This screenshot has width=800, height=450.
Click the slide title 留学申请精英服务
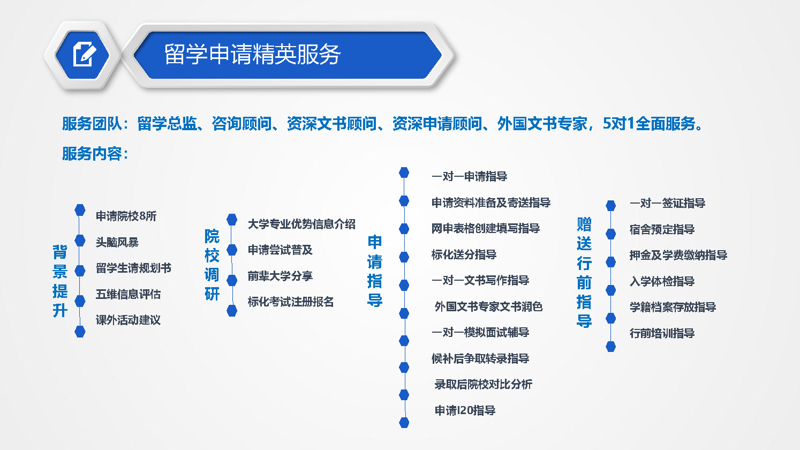tap(253, 54)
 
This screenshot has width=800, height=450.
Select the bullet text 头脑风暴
tap(117, 242)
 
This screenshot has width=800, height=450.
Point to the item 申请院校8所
tap(126, 216)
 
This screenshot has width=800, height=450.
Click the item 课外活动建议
tap(128, 320)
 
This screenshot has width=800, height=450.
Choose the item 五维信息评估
tap(128, 294)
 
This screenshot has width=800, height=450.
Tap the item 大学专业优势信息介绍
tap(301, 224)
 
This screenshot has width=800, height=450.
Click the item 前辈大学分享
tap(280, 276)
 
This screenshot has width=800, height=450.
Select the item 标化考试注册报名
tap(291, 302)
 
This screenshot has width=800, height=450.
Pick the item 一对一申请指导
tap(469, 176)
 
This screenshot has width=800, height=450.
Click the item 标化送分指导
tap(464, 254)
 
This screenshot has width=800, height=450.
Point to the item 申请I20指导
tap(465, 410)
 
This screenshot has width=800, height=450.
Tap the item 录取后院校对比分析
tap(483, 384)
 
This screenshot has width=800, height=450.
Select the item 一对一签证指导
tap(668, 203)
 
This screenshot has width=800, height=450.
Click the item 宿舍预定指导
tap(662, 229)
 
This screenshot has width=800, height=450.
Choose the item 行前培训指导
tap(662, 333)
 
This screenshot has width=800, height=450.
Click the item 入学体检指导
tap(662, 281)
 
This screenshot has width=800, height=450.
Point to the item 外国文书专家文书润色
tap(488, 306)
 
